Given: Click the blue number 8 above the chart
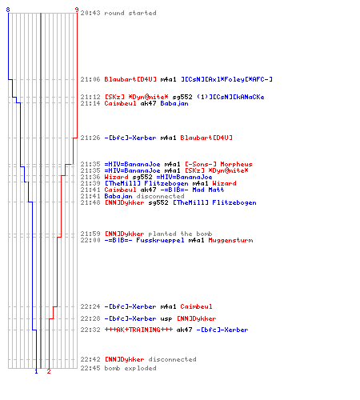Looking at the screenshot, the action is [8, 10].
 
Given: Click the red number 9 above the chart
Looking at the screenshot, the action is [77, 10].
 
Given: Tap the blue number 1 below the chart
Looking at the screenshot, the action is [36, 371].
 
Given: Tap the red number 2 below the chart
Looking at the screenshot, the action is [49, 371].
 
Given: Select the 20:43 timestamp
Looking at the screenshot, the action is [90, 13].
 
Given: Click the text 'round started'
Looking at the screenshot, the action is [130, 13].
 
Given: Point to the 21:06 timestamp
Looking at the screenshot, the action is [90, 79].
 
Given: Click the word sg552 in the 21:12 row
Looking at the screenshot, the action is [182, 97].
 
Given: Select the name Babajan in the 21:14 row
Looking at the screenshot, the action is [174, 103].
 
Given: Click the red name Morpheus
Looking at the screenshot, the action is [236, 164].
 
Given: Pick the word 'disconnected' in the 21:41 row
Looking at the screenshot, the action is [160, 196].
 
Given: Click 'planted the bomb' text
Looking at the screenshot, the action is [180, 234].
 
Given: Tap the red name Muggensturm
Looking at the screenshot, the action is [230, 240].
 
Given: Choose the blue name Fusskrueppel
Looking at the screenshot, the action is [160, 240].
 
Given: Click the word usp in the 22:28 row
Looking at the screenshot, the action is [166, 318].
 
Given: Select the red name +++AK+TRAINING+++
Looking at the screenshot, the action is [138, 330].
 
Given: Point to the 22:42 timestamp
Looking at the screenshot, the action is [90, 359].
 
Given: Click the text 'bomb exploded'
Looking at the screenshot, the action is [130, 368].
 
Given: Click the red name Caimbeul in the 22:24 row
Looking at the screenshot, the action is [196, 306].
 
